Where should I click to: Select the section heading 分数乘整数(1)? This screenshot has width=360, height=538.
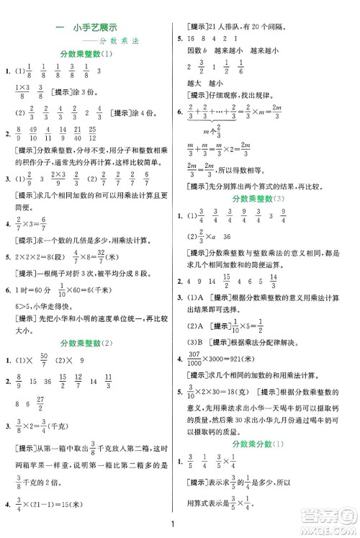89,55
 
